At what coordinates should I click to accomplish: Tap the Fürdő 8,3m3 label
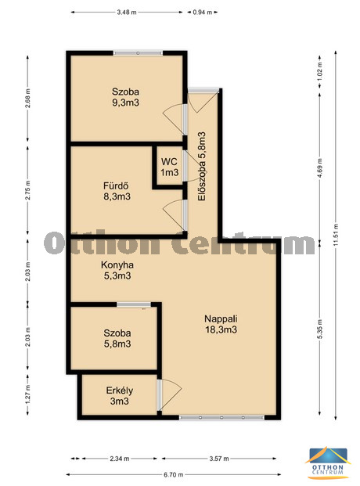(117, 191)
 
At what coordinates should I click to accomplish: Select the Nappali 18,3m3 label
(221, 324)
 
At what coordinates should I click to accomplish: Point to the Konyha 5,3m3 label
(117, 270)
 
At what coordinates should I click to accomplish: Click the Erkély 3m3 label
(120, 396)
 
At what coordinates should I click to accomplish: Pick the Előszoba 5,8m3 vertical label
(202, 167)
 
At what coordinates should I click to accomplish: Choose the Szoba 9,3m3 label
(125, 97)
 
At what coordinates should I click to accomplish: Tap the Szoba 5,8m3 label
(117, 338)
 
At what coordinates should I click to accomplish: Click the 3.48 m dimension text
(127, 13)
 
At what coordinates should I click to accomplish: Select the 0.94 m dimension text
(203, 13)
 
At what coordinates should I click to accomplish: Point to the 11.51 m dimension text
(336, 235)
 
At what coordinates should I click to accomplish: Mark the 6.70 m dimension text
(173, 474)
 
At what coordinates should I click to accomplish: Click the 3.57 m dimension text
(219, 459)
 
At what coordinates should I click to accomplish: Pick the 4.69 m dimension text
(319, 167)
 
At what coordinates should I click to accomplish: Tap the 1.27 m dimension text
(27, 394)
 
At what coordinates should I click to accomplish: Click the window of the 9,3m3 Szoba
(138, 53)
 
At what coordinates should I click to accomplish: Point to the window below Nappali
(221, 417)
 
